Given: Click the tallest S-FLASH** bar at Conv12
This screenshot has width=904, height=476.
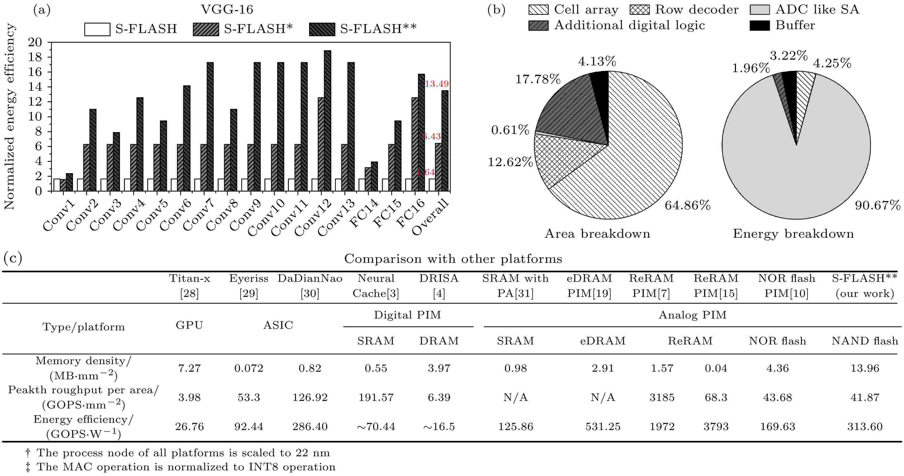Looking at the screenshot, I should pyautogui.click(x=327, y=121).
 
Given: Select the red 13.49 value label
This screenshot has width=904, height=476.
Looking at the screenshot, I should pyautogui.click(x=437, y=84).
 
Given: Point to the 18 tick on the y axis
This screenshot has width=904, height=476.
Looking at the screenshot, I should pyautogui.click(x=35, y=57).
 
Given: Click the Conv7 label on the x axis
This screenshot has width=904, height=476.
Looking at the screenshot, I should pyautogui.click(x=198, y=215).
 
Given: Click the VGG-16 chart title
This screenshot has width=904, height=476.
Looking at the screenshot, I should pyautogui.click(x=227, y=9).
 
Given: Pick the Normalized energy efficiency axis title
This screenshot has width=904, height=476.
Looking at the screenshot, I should pyautogui.click(x=9, y=117).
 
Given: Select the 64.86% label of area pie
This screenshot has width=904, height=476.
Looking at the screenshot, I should pyautogui.click(x=687, y=205).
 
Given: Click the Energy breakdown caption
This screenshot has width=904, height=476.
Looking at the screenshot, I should pyautogui.click(x=793, y=234).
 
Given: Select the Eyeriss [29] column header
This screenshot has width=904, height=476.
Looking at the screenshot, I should pyautogui.click(x=249, y=286).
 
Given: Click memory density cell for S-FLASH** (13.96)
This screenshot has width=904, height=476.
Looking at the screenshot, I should pyautogui.click(x=865, y=368).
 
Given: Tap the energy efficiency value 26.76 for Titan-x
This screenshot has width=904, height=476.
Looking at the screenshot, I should pyautogui.click(x=189, y=427).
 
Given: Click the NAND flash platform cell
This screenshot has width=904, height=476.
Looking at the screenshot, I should pyautogui.click(x=865, y=341).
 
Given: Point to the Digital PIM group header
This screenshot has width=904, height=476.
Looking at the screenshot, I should pyautogui.click(x=407, y=315).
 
